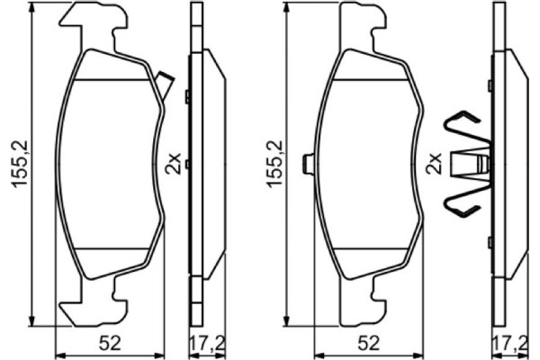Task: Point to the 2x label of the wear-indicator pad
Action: point(173,164)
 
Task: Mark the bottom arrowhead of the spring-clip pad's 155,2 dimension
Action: point(286,321)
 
